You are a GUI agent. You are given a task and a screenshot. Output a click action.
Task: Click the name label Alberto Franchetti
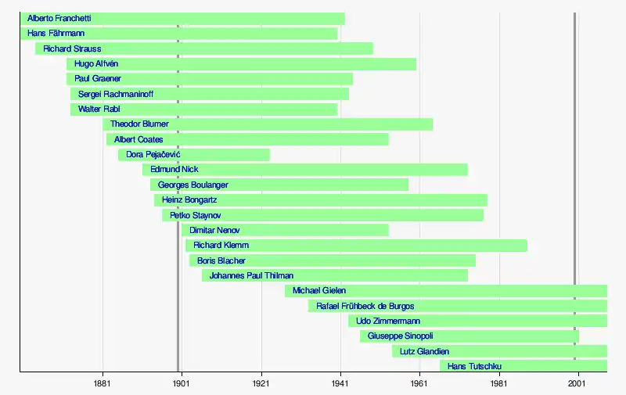[59, 18]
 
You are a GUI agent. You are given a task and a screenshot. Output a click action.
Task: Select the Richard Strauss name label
[72, 48]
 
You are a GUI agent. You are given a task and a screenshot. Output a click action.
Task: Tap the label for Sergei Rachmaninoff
[115, 94]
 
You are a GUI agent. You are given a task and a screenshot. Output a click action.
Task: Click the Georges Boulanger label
[193, 185]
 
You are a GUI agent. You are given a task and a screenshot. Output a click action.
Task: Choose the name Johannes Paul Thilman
[251, 275]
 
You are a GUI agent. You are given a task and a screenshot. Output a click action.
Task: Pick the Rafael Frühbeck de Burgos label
[365, 306]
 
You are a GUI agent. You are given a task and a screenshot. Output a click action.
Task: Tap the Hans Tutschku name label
[474, 366]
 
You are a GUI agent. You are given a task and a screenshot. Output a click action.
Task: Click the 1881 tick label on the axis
[102, 384]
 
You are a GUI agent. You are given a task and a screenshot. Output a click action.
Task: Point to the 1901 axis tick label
[182, 384]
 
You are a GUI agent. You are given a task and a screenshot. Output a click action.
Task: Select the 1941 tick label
[340, 384]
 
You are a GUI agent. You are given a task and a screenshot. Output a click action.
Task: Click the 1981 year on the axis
[499, 384]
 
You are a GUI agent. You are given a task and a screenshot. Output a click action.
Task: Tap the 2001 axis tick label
[578, 384]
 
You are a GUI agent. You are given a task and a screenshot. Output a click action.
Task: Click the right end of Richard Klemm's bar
[527, 246]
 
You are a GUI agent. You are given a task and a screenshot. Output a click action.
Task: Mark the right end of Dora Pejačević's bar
[269, 155]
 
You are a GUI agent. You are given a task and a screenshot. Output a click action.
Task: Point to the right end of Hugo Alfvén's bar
[416, 63]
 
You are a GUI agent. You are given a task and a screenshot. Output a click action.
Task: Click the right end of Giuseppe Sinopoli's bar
[578, 336]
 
